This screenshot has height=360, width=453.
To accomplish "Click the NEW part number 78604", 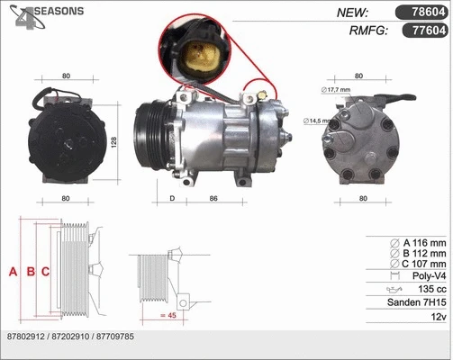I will pyautogui.click(x=424, y=12).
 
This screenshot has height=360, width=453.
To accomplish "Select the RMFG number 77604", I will pyautogui.click(x=424, y=31).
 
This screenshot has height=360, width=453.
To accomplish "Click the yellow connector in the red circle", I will pyautogui.click(x=196, y=58).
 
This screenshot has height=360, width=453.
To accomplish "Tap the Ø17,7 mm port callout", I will pyautogui.click(x=334, y=90).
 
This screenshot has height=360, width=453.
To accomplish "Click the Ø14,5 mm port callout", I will pyautogui.click(x=319, y=121).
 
